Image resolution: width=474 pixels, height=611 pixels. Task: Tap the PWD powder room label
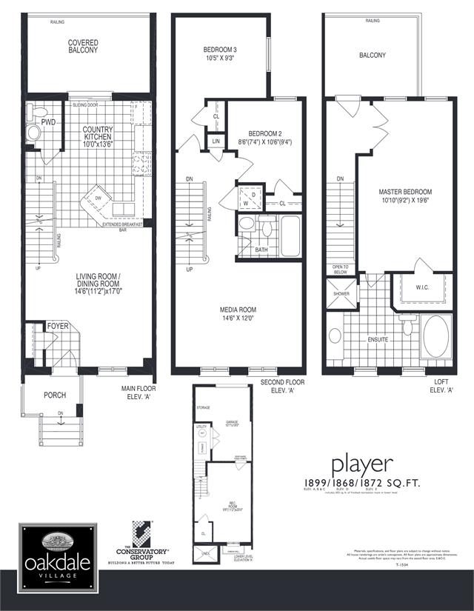pos(49,121)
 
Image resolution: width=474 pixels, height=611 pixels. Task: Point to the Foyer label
pos(58,326)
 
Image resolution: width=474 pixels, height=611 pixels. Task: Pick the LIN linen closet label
pos(216,141)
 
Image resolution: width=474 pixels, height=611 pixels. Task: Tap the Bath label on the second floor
pos(261,250)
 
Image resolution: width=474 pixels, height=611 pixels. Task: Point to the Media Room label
pos(237,314)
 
